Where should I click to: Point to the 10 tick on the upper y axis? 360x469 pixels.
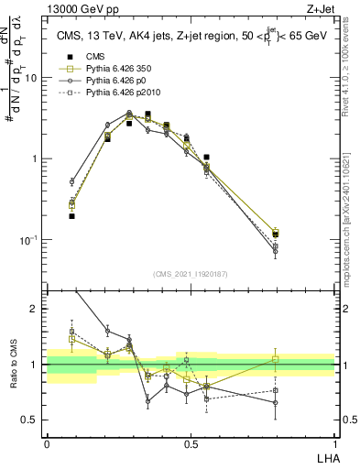[34, 78]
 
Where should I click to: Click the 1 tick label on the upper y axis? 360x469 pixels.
[37, 158]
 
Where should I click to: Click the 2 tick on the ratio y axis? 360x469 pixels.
[37, 309]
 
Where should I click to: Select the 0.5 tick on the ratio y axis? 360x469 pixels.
[32, 420]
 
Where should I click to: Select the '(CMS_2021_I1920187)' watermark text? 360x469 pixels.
[191, 274]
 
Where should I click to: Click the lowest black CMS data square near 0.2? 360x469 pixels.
[71, 216]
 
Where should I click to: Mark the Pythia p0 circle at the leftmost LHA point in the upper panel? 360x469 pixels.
[71, 182]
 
